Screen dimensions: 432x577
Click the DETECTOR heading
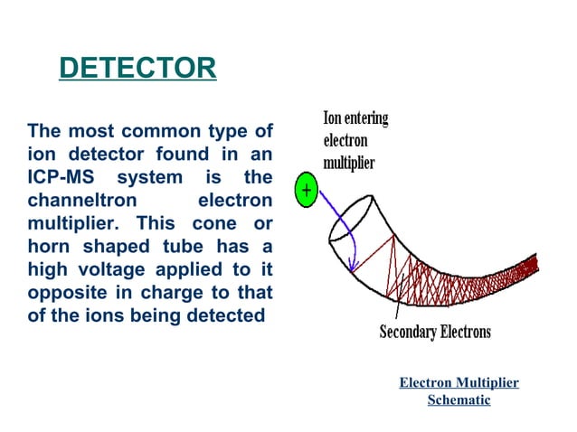click(x=137, y=69)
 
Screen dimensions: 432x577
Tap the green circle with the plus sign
click(x=306, y=192)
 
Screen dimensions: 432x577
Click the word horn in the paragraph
click(x=50, y=245)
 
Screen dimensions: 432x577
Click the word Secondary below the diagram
click(x=407, y=332)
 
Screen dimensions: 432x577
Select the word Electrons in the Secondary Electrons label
click(x=465, y=332)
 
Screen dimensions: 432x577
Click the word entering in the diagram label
click(x=368, y=118)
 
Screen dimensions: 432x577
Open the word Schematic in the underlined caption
click(x=459, y=399)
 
